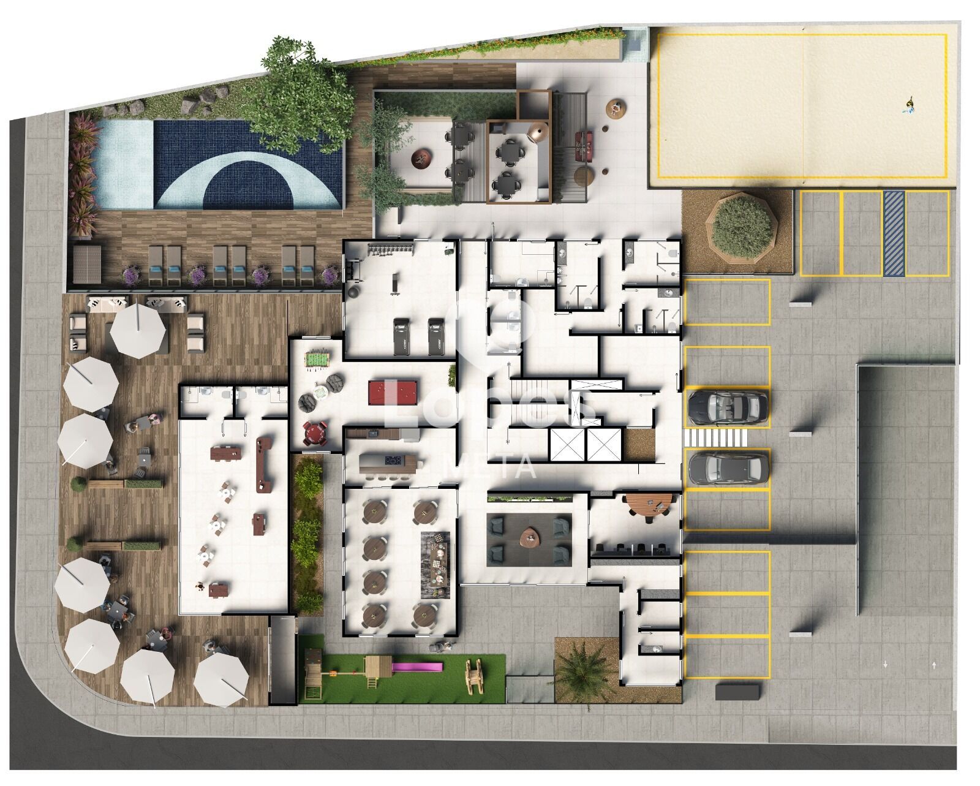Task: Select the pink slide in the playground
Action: pyautogui.click(x=417, y=667)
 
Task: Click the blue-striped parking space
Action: pyautogui.click(x=894, y=233)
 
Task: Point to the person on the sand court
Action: pyautogui.click(x=909, y=107)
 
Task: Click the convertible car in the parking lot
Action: pyautogui.click(x=728, y=406)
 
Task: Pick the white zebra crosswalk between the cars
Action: pyautogui.click(x=715, y=438)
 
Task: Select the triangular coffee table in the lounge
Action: pyautogui.click(x=530, y=537)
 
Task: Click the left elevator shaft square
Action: pyautogui.click(x=567, y=444)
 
